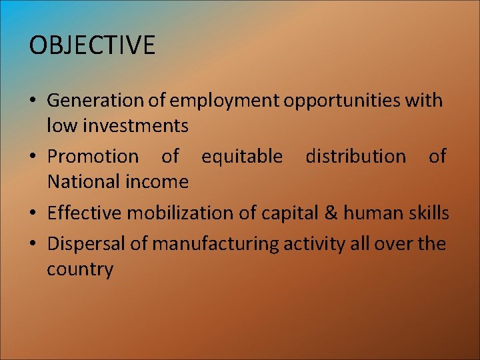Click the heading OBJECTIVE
pos(92,45)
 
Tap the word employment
pos(225,101)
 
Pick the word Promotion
pos(93,157)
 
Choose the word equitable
pos(242,157)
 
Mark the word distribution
pos(355,157)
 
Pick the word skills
pos(429,213)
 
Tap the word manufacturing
pos(215,244)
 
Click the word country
pos(80,269)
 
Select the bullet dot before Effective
pos(33,214)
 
